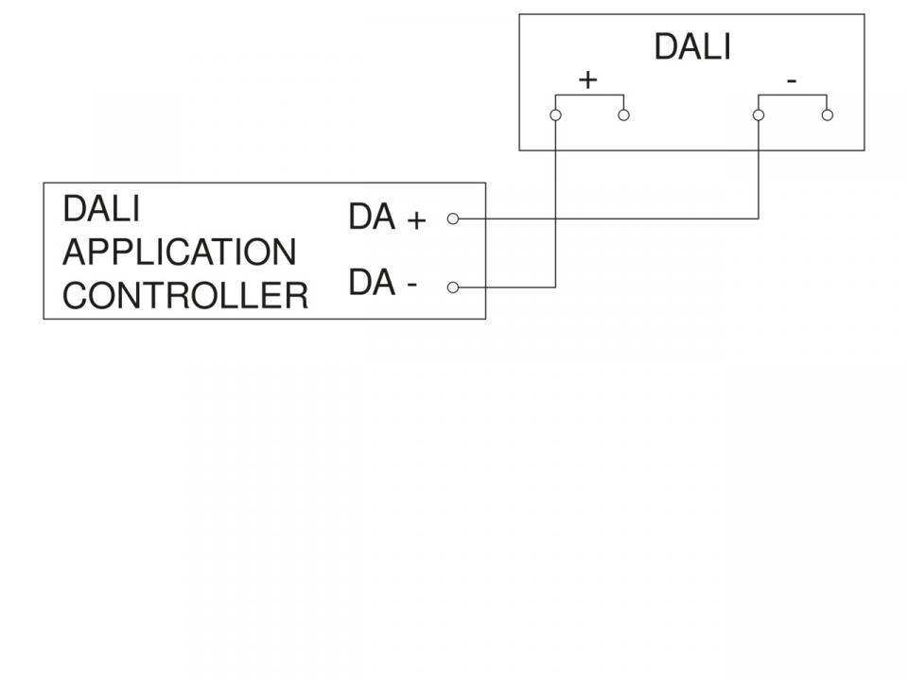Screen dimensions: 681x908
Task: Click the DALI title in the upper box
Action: point(692,47)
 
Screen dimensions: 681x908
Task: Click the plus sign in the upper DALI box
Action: point(588,80)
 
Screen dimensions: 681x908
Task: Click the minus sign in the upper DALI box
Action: point(792,82)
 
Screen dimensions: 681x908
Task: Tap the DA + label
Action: point(387,218)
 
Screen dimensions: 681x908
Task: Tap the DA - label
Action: point(383,283)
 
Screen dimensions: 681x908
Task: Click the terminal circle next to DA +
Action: point(452,218)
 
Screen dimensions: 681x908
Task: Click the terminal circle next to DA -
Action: point(452,287)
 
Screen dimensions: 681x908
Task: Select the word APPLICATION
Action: point(179,253)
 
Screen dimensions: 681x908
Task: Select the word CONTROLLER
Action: point(185,296)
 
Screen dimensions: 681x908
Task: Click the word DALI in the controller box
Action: point(100,209)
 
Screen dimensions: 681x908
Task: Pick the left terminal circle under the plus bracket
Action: point(555,115)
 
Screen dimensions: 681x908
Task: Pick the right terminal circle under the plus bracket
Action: point(624,115)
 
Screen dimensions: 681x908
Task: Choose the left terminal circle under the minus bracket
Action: point(759,115)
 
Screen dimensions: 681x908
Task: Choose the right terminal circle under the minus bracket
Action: point(828,115)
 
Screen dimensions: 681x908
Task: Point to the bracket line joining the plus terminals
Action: point(589,96)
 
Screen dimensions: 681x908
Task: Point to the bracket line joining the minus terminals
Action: point(793,96)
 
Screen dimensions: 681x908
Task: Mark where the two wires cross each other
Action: point(555,218)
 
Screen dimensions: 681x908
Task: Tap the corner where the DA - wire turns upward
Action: point(555,287)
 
